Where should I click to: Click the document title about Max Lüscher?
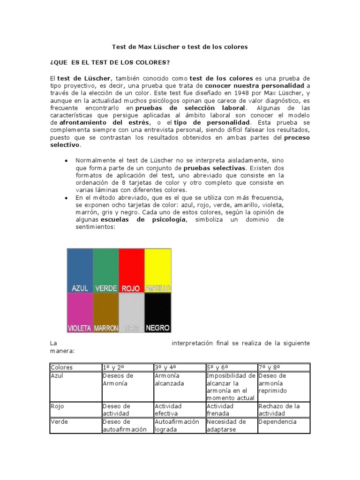180,47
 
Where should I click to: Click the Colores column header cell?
62,367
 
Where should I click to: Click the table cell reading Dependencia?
277,422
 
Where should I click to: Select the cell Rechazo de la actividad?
278,410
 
